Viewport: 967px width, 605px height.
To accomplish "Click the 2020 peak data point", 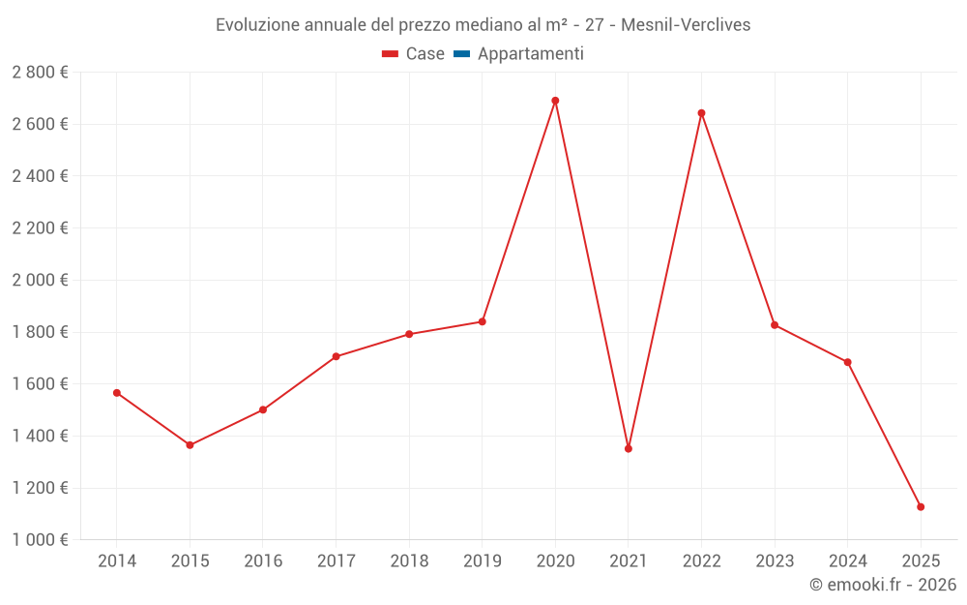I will point(555,101).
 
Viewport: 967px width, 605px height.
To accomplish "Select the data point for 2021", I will point(629,448).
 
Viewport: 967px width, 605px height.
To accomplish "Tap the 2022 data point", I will point(701,113).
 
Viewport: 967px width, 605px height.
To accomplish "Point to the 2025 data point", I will point(921,507).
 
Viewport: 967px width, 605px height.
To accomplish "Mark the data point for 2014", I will point(117,393).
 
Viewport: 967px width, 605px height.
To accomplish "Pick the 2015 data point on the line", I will point(190,445).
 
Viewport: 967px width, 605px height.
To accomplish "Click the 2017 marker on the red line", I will point(336,356).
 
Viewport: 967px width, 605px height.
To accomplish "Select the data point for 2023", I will point(775,325).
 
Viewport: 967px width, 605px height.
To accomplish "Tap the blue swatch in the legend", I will point(461,54).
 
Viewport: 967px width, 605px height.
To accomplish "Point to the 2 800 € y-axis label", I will point(40,72).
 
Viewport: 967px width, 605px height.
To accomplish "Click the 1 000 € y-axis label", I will point(40,539).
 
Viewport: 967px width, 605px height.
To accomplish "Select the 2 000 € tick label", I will point(40,280).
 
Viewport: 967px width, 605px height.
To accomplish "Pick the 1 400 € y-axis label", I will point(40,436).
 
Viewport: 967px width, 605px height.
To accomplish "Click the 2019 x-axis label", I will point(482,560).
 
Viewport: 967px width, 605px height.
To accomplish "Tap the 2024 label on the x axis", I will point(847,560).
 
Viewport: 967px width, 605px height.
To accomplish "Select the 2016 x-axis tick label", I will point(263,560).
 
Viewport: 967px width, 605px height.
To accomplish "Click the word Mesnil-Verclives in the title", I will point(686,24).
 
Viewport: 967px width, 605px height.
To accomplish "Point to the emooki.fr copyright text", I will point(882,585).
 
